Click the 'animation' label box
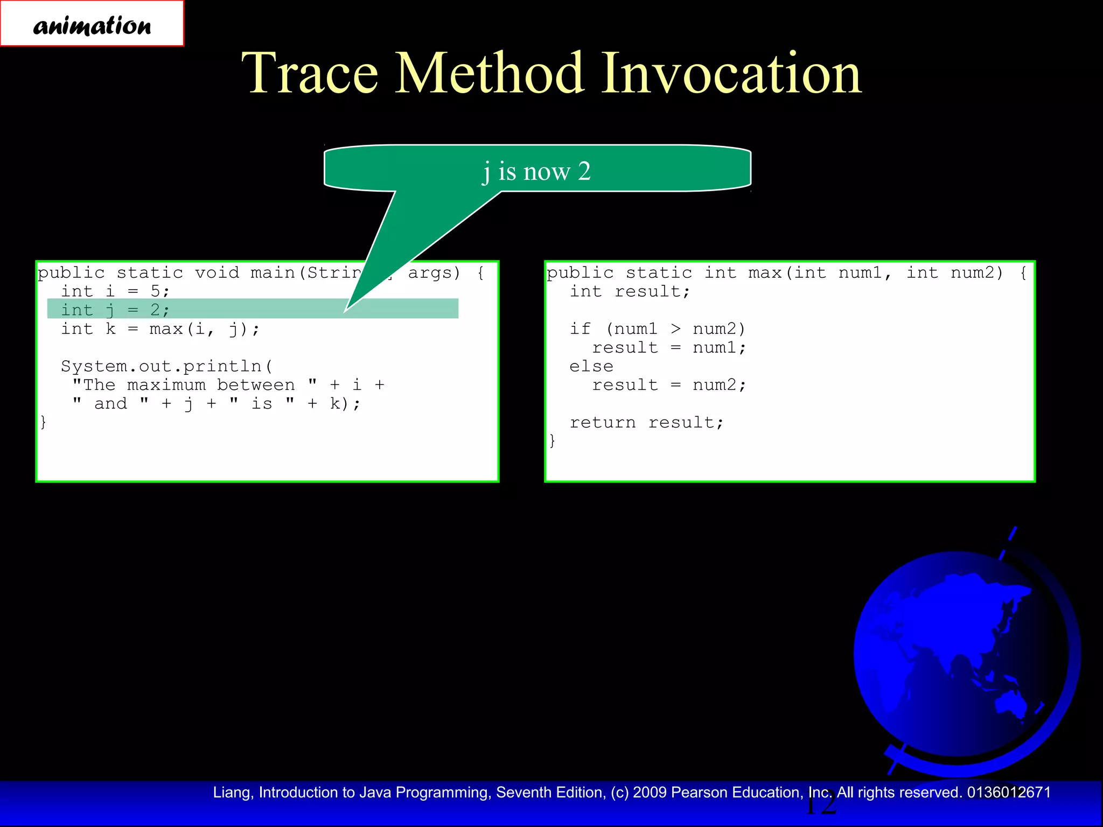[92, 24]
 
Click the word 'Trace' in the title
[310, 74]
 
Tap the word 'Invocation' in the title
[731, 74]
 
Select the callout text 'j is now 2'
[536, 171]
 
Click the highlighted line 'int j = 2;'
[115, 310]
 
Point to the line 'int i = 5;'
[115, 291]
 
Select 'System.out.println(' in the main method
[167, 366]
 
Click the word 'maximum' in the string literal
[166, 385]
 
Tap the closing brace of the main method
[43, 422]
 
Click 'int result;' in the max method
[630, 291]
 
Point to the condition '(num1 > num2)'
[675, 328]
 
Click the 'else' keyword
[591, 366]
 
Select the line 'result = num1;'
[669, 348]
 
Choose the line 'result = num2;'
[669, 385]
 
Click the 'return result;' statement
[646, 423]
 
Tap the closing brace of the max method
[552, 441]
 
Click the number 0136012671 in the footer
[1009, 793]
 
